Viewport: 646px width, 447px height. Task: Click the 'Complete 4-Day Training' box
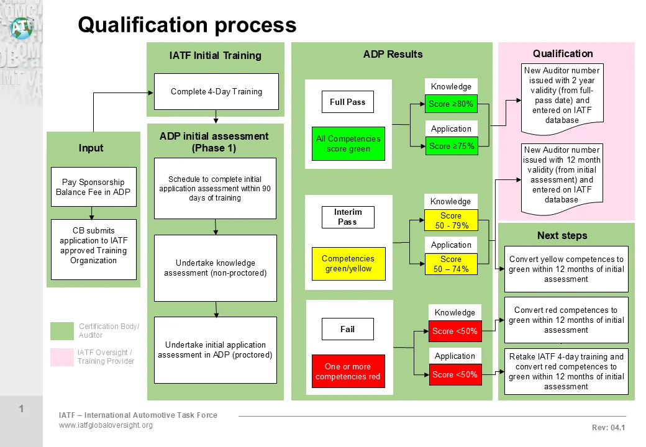tap(216, 91)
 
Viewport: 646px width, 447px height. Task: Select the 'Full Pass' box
tap(347, 102)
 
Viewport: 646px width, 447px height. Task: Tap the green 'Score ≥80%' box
tap(451, 104)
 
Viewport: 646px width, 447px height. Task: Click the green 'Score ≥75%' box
tap(451, 146)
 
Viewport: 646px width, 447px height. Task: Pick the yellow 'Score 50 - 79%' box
tap(450, 220)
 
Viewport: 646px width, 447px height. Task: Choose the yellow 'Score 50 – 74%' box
tap(450, 264)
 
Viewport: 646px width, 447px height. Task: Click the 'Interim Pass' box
tap(347, 217)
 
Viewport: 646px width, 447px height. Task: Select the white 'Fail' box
tap(347, 329)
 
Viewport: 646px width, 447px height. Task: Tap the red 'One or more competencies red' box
tap(347, 371)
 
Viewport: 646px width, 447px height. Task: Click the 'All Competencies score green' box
tap(348, 143)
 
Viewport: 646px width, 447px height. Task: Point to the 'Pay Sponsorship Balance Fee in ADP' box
tap(93, 187)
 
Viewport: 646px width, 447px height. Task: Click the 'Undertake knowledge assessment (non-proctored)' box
tap(215, 268)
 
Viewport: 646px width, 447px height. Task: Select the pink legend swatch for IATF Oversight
tap(61, 357)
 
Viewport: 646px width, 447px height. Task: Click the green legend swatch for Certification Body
tap(61, 331)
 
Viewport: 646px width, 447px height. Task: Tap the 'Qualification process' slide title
tap(187, 25)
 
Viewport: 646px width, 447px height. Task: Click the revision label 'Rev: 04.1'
tap(608, 427)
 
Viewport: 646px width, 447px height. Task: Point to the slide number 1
tap(21, 409)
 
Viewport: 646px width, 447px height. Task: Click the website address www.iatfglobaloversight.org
tap(106, 425)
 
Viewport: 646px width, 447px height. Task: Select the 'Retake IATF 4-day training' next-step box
tap(566, 371)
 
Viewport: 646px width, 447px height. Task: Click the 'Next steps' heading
tap(562, 235)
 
